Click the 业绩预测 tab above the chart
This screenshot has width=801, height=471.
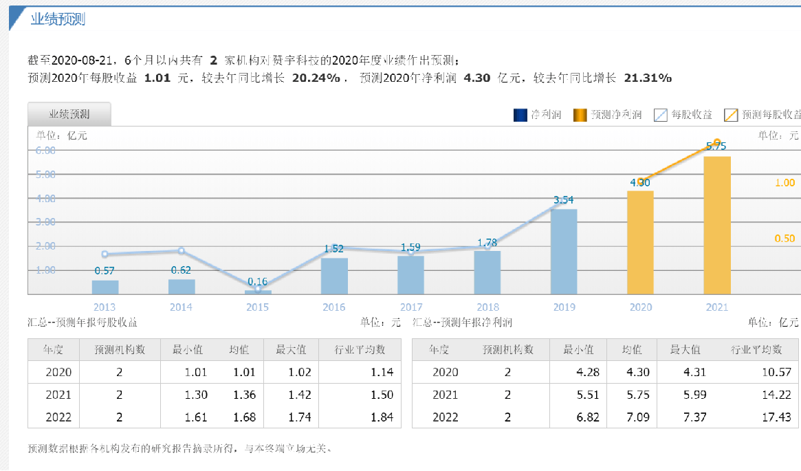pyautogui.click(x=69, y=114)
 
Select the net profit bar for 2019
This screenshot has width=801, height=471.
pyautogui.click(x=564, y=251)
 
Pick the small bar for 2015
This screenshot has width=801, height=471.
pyautogui.click(x=258, y=292)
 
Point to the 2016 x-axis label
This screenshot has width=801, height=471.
pyautogui.click(x=334, y=307)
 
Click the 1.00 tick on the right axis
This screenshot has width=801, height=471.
pyautogui.click(x=784, y=183)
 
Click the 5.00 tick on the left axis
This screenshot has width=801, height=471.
pyautogui.click(x=46, y=175)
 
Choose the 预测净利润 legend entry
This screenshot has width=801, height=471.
pyautogui.click(x=608, y=115)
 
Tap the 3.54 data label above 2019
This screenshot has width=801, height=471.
pyautogui.click(x=563, y=200)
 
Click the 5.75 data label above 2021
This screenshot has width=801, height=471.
pyautogui.click(x=716, y=146)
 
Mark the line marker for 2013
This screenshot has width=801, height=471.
pyautogui.click(x=105, y=254)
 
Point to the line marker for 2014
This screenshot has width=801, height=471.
pyautogui.click(x=182, y=251)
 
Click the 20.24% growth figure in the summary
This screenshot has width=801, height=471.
pyautogui.click(x=316, y=78)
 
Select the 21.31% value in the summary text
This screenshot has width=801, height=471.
pyautogui.click(x=647, y=78)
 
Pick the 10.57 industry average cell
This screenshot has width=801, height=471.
pyautogui.click(x=777, y=373)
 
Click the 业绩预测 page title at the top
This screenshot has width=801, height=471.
pyautogui.click(x=58, y=19)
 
